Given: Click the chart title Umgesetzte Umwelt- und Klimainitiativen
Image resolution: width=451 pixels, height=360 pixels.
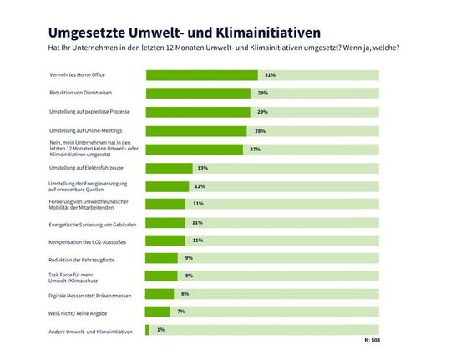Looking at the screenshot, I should coord(173,33).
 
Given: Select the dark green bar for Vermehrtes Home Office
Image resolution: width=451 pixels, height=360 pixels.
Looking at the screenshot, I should coord(201,75).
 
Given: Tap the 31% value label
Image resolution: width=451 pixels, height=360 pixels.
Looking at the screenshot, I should coord(270,75).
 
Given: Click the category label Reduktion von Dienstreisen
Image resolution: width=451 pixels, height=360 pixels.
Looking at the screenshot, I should coord(86,94).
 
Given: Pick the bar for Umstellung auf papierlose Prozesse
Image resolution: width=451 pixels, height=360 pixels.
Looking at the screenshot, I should coord(198,112).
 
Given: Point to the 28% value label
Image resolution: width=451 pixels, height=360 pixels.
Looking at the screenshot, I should coord(260,131).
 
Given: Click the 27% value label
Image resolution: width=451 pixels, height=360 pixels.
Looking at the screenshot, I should coord(256,150).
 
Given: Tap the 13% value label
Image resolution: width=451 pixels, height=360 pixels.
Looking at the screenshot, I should coord(202,168).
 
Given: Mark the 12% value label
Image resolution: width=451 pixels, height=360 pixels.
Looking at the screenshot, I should coord(200,186).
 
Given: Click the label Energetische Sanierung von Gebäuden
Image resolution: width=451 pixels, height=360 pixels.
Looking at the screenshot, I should coord(99,223).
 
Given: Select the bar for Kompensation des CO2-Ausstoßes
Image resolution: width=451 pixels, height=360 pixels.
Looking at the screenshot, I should coord(165,241).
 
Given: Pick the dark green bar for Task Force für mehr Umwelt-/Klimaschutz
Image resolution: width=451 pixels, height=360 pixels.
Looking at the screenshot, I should coord(162,276).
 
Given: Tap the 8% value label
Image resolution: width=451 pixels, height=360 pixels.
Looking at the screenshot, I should coord(185,294).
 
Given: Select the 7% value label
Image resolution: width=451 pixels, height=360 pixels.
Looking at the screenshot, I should coord(180,312).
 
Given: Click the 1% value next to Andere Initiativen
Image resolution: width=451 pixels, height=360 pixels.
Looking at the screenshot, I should coord(160,330).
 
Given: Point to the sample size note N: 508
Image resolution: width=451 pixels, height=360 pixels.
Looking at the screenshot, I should coord(372,341).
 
